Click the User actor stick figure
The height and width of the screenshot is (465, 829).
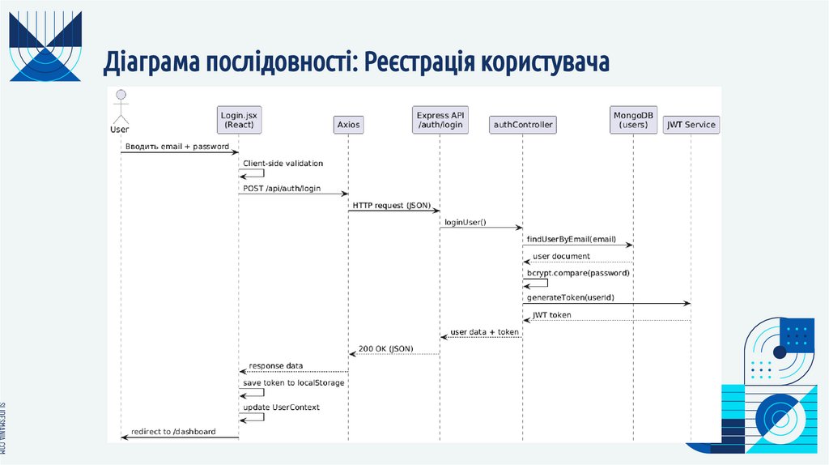click(x=121, y=105)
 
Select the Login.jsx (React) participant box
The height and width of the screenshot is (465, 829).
click(x=239, y=120)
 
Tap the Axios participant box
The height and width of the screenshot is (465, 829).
click(x=348, y=125)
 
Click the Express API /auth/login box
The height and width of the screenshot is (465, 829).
click(x=440, y=120)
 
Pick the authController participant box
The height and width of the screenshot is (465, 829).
click(x=522, y=125)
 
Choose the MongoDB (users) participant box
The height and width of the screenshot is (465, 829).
click(x=634, y=120)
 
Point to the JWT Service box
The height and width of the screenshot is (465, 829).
click(x=691, y=125)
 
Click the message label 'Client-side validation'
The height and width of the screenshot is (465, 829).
click(x=283, y=164)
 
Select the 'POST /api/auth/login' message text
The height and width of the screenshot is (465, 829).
click(x=282, y=189)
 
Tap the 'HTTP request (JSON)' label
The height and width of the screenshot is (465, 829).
click(x=390, y=206)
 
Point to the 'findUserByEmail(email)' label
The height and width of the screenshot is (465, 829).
click(x=571, y=239)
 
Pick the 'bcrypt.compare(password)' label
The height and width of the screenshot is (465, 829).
click(x=577, y=273)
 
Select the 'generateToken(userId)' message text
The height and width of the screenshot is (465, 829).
click(x=570, y=297)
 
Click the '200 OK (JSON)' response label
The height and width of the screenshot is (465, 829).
click(x=385, y=348)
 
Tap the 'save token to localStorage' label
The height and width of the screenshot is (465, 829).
click(x=293, y=382)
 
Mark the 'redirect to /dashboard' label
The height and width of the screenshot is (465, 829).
click(x=172, y=432)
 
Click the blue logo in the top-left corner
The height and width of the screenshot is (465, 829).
click(x=45, y=46)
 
